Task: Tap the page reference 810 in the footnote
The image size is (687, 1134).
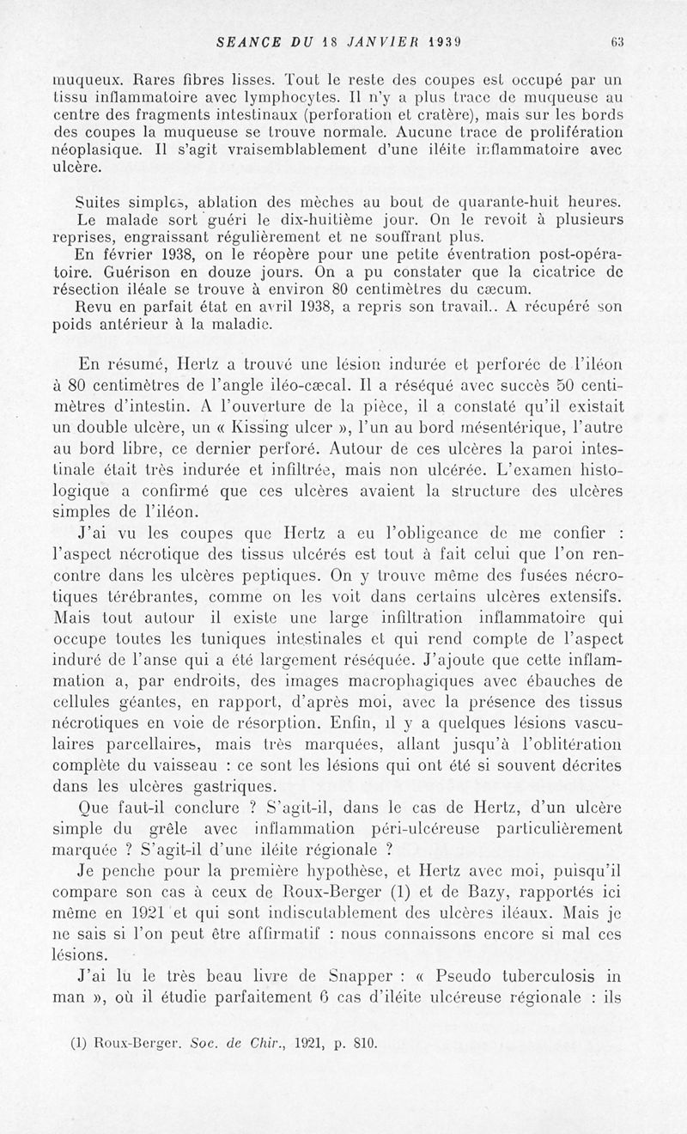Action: pyautogui.click(x=365, y=1046)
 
